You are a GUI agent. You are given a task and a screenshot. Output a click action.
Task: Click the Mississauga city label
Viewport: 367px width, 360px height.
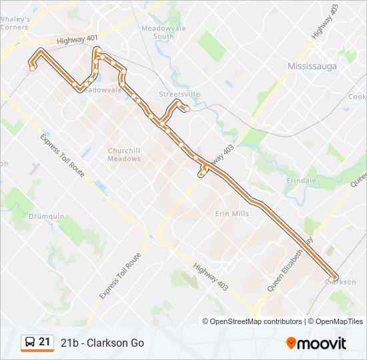(313, 66)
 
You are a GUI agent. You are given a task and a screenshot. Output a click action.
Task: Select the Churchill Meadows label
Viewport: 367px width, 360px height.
(125, 155)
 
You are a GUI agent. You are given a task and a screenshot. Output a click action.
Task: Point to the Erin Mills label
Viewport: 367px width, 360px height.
(232, 213)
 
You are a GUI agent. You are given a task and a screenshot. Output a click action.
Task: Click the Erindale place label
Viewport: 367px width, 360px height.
(302, 181)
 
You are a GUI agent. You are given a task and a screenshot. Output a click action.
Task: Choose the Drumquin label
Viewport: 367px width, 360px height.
(47, 216)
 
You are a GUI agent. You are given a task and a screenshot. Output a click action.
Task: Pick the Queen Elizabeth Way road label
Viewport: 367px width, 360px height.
(290, 263)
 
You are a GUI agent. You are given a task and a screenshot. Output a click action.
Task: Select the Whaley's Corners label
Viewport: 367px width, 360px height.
(15, 23)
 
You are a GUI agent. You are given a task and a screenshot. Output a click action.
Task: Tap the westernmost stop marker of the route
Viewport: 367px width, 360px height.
(32, 67)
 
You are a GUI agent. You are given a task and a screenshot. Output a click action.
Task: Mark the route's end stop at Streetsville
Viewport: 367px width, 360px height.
(187, 108)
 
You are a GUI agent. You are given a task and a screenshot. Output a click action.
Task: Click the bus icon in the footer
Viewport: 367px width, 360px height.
(30, 343)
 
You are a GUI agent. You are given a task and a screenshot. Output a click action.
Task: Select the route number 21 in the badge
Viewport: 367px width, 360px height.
(45, 342)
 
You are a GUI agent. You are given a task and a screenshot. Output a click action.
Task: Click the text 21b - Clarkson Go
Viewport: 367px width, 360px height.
(102, 343)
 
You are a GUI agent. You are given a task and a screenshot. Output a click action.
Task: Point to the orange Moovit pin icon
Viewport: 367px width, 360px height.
(292, 343)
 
